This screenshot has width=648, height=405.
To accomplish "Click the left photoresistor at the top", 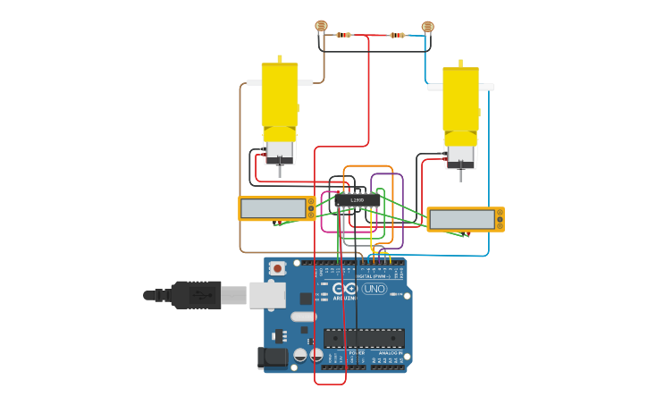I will [322, 26].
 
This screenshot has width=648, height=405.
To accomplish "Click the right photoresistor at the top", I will [427, 27].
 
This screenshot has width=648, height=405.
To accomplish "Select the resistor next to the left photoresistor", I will [343, 35].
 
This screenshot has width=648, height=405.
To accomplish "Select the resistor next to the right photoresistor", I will [397, 36].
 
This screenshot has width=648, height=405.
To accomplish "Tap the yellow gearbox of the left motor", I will [280, 98].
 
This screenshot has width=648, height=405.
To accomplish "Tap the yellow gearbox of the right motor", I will [460, 103].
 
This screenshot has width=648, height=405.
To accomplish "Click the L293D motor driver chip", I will [358, 200].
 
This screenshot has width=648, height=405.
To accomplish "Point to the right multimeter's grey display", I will [461, 219].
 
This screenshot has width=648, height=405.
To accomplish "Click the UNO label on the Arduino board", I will [374, 289].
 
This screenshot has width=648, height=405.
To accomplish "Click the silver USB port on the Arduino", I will [266, 295].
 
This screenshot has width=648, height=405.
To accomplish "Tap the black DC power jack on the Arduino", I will [273, 358].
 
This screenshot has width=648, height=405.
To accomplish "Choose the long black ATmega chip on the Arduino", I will [364, 339].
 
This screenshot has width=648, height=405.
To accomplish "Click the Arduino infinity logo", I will [345, 288].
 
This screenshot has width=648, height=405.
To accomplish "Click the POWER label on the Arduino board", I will [357, 353].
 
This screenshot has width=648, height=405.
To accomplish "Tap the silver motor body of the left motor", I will [280, 152].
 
